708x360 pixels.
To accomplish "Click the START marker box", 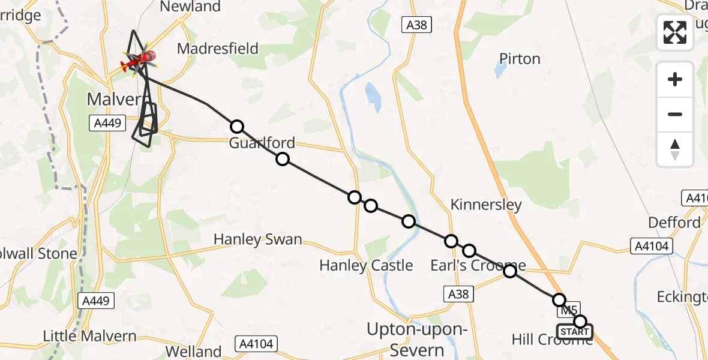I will click(574, 332).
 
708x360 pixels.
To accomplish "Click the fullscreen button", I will click(675, 32).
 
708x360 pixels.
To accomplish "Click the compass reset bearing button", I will click(675, 149).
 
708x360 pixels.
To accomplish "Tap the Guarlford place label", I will click(262, 143).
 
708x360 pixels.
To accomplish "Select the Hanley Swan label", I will click(258, 240).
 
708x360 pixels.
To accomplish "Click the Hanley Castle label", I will click(366, 265).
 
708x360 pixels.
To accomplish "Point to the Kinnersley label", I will click(486, 205).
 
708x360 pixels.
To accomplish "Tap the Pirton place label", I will click(520, 59).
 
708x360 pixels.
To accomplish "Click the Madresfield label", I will click(218, 48).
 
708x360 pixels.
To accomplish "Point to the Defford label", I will click(674, 223).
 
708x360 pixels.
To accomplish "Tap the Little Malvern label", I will click(91, 336).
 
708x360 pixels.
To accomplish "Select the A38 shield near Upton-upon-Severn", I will click(459, 294).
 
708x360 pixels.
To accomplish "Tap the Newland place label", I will click(191, 7).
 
